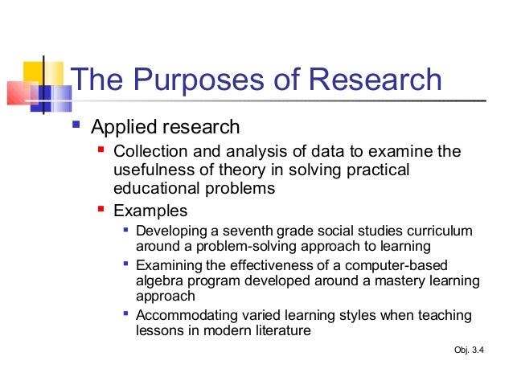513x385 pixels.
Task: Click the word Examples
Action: point(150,211)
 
